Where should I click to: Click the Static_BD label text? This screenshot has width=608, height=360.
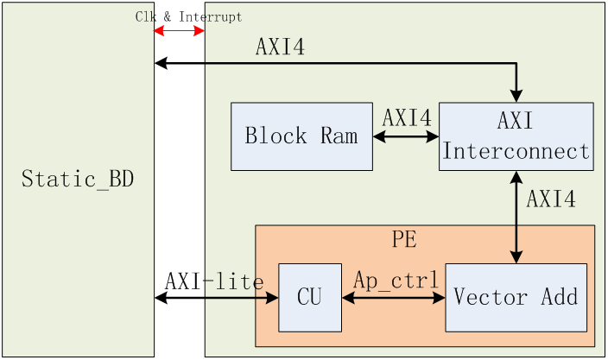pos(78,179)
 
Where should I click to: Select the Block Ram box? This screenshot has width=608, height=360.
pos(301,136)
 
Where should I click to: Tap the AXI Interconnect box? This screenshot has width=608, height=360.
pos(516,136)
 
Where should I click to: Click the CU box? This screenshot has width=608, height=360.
pos(310,298)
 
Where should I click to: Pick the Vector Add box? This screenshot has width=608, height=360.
pos(516,298)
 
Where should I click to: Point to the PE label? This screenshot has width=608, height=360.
pos(404,239)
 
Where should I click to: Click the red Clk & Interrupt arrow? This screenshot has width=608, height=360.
pos(179,30)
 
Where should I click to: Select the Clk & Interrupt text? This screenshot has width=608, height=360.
pos(188,16)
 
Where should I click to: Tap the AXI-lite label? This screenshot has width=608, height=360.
pos(214,281)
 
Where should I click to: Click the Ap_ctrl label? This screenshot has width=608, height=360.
pos(396,280)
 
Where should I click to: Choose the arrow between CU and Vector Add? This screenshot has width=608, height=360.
pos(394,298)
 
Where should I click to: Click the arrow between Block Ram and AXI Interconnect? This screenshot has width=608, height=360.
pos(406,136)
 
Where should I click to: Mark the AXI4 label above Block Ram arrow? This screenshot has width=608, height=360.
pos(407,117)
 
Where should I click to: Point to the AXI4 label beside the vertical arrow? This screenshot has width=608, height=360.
pos(551,199)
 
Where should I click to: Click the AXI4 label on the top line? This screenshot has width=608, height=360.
pos(280,47)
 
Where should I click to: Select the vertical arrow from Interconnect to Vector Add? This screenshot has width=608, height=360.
pos(516,218)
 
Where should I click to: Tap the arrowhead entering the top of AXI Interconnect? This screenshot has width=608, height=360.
pos(516,96)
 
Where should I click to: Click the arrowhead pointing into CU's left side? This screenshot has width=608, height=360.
pos(273,298)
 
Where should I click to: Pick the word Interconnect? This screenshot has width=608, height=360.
pos(516,151)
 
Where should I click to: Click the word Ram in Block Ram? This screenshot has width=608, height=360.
pos(339,136)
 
